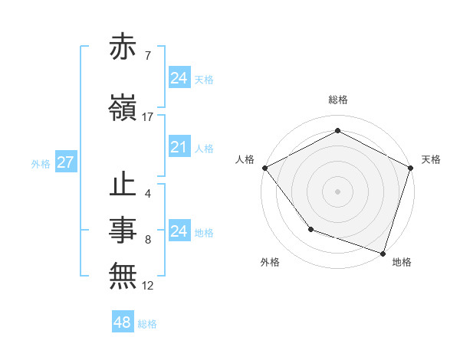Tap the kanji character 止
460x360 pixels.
tap(124, 186)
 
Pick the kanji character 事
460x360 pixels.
tap(124, 229)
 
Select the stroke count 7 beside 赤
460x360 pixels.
tap(147, 55)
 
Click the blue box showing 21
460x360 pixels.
tap(179, 147)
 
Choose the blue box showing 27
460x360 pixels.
tap(65, 162)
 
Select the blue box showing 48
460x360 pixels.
tap(123, 322)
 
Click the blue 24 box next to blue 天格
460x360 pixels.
tap(179, 78)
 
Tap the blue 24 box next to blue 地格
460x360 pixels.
tap(179, 231)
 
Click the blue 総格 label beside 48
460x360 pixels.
tap(147, 324)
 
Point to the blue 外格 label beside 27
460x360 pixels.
tap(41, 163)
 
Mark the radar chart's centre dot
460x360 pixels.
tap(337, 191)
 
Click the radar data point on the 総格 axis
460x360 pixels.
tap(337, 131)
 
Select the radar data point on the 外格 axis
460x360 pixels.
tap(310, 228)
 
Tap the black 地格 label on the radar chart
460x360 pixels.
tap(402, 262)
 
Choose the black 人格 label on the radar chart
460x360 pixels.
tap(245, 159)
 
